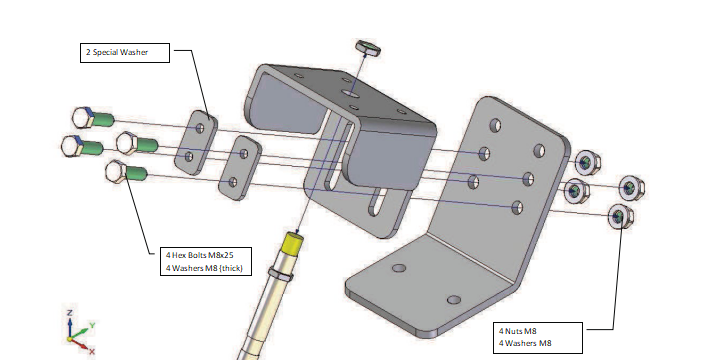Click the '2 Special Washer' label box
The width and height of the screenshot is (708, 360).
tap(125, 52)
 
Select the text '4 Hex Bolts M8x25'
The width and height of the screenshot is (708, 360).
tap(200, 255)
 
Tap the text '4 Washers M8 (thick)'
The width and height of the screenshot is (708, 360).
tap(204, 268)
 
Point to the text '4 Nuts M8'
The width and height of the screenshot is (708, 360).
tap(518, 331)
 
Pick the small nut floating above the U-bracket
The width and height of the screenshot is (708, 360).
tap(368, 47)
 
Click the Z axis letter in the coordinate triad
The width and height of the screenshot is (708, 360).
tap(70, 313)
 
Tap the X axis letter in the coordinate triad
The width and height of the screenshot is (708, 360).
tap(92, 351)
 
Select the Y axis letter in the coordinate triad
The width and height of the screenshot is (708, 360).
tap(92, 325)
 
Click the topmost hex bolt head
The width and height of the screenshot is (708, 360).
tap(83, 117)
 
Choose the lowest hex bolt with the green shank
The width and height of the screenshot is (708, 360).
tap(126, 172)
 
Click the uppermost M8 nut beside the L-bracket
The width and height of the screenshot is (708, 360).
tap(587, 163)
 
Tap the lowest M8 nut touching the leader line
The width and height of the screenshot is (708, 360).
tap(621, 217)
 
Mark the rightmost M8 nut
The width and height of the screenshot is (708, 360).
tap(631, 188)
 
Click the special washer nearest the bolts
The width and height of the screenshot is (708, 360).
tap(196, 142)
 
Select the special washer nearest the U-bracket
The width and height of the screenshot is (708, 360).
tap(239, 168)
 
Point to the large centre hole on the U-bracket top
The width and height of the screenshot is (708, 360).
tap(348, 94)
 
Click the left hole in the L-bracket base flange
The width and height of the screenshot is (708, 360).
tap(398, 268)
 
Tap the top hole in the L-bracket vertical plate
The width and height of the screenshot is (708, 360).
tap(496, 125)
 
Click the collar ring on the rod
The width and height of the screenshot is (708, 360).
tap(281, 273)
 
